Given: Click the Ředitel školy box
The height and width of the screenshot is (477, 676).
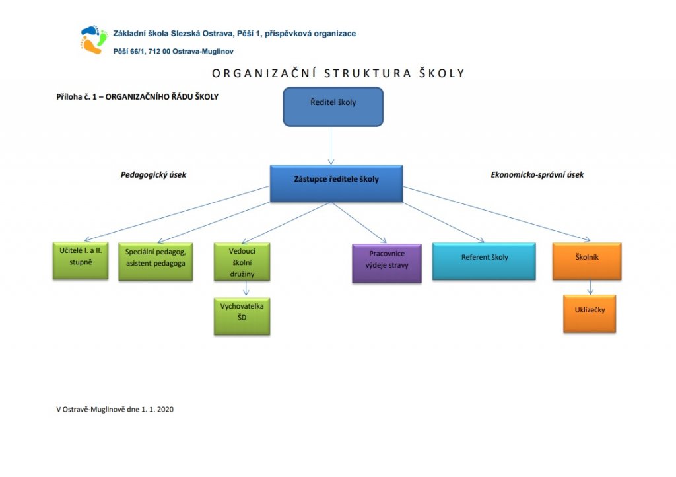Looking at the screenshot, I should tap(333, 106).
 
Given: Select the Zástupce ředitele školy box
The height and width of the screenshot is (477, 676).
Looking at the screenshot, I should tap(336, 183).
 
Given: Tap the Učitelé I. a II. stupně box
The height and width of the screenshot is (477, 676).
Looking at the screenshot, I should tap(80, 260).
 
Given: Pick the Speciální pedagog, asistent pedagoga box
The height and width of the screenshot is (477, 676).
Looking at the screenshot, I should tap(155, 262).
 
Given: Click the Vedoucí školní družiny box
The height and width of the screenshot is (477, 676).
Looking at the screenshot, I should tap(242, 262).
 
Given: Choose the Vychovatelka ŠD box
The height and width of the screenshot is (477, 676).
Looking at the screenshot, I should tap(242, 316).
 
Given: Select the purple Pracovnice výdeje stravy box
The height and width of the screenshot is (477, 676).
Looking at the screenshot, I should tap(386, 263).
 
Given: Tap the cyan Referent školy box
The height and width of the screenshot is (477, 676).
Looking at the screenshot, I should tap(484, 261).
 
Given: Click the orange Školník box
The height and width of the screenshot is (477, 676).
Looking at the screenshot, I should tap(586, 262).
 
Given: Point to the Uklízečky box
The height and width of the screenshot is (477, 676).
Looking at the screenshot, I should tap(590, 313).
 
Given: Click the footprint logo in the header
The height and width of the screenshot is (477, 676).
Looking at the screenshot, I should tap(92, 40).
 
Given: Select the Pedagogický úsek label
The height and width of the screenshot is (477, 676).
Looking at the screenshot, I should tap(153, 175).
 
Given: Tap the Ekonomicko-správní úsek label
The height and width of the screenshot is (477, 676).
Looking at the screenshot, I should tap(537, 175).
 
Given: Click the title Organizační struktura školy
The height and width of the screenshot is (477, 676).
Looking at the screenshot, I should tap(338, 73).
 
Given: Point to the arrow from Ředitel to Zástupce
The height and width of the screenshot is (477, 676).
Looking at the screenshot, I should tap(331, 145).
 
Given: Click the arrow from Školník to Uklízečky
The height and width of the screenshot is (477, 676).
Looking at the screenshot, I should tap(590, 287).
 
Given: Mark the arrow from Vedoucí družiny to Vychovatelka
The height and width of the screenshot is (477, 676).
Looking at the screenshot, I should tap(246, 289).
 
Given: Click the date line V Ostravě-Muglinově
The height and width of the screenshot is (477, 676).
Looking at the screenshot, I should tap(115, 410).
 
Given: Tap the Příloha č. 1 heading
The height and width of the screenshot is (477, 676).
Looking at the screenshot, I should tap(137, 96).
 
